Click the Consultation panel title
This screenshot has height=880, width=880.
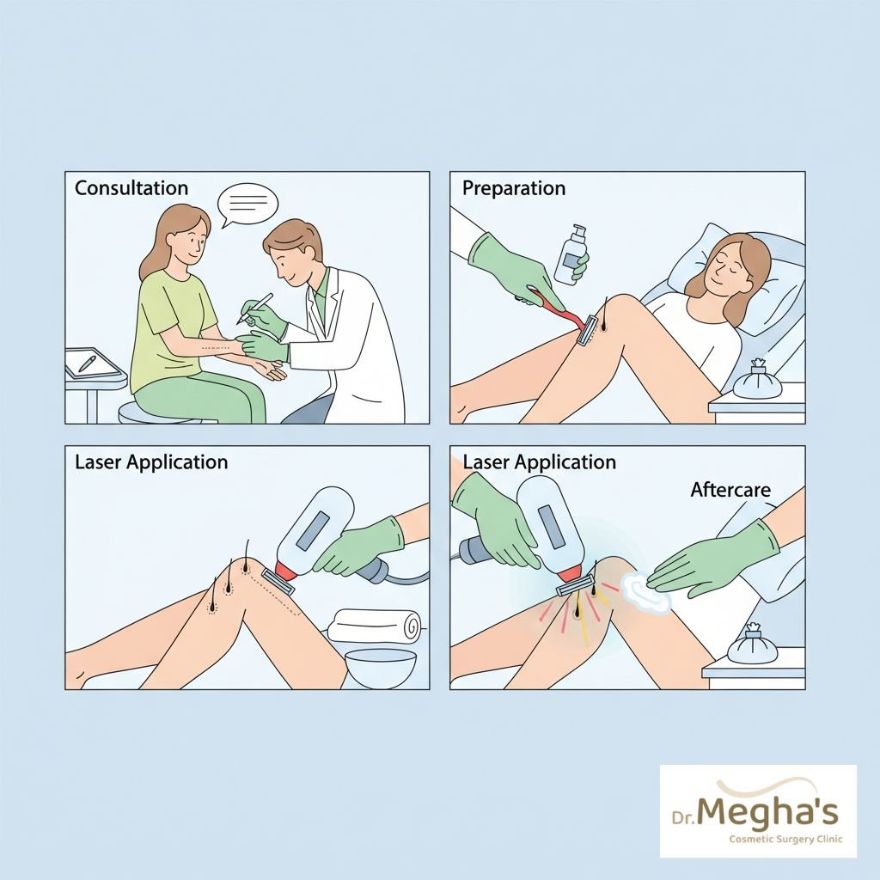click(131, 187)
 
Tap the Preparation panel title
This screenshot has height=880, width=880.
click(514, 188)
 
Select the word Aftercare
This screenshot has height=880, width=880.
click(730, 489)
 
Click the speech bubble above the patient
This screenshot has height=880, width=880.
click(247, 205)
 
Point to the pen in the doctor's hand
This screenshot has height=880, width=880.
click(254, 309)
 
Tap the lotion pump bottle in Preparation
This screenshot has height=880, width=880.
click(571, 254)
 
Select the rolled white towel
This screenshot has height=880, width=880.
click(374, 626)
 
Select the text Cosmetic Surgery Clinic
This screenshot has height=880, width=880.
click(785, 840)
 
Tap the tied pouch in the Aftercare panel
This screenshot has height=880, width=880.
click(752, 644)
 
